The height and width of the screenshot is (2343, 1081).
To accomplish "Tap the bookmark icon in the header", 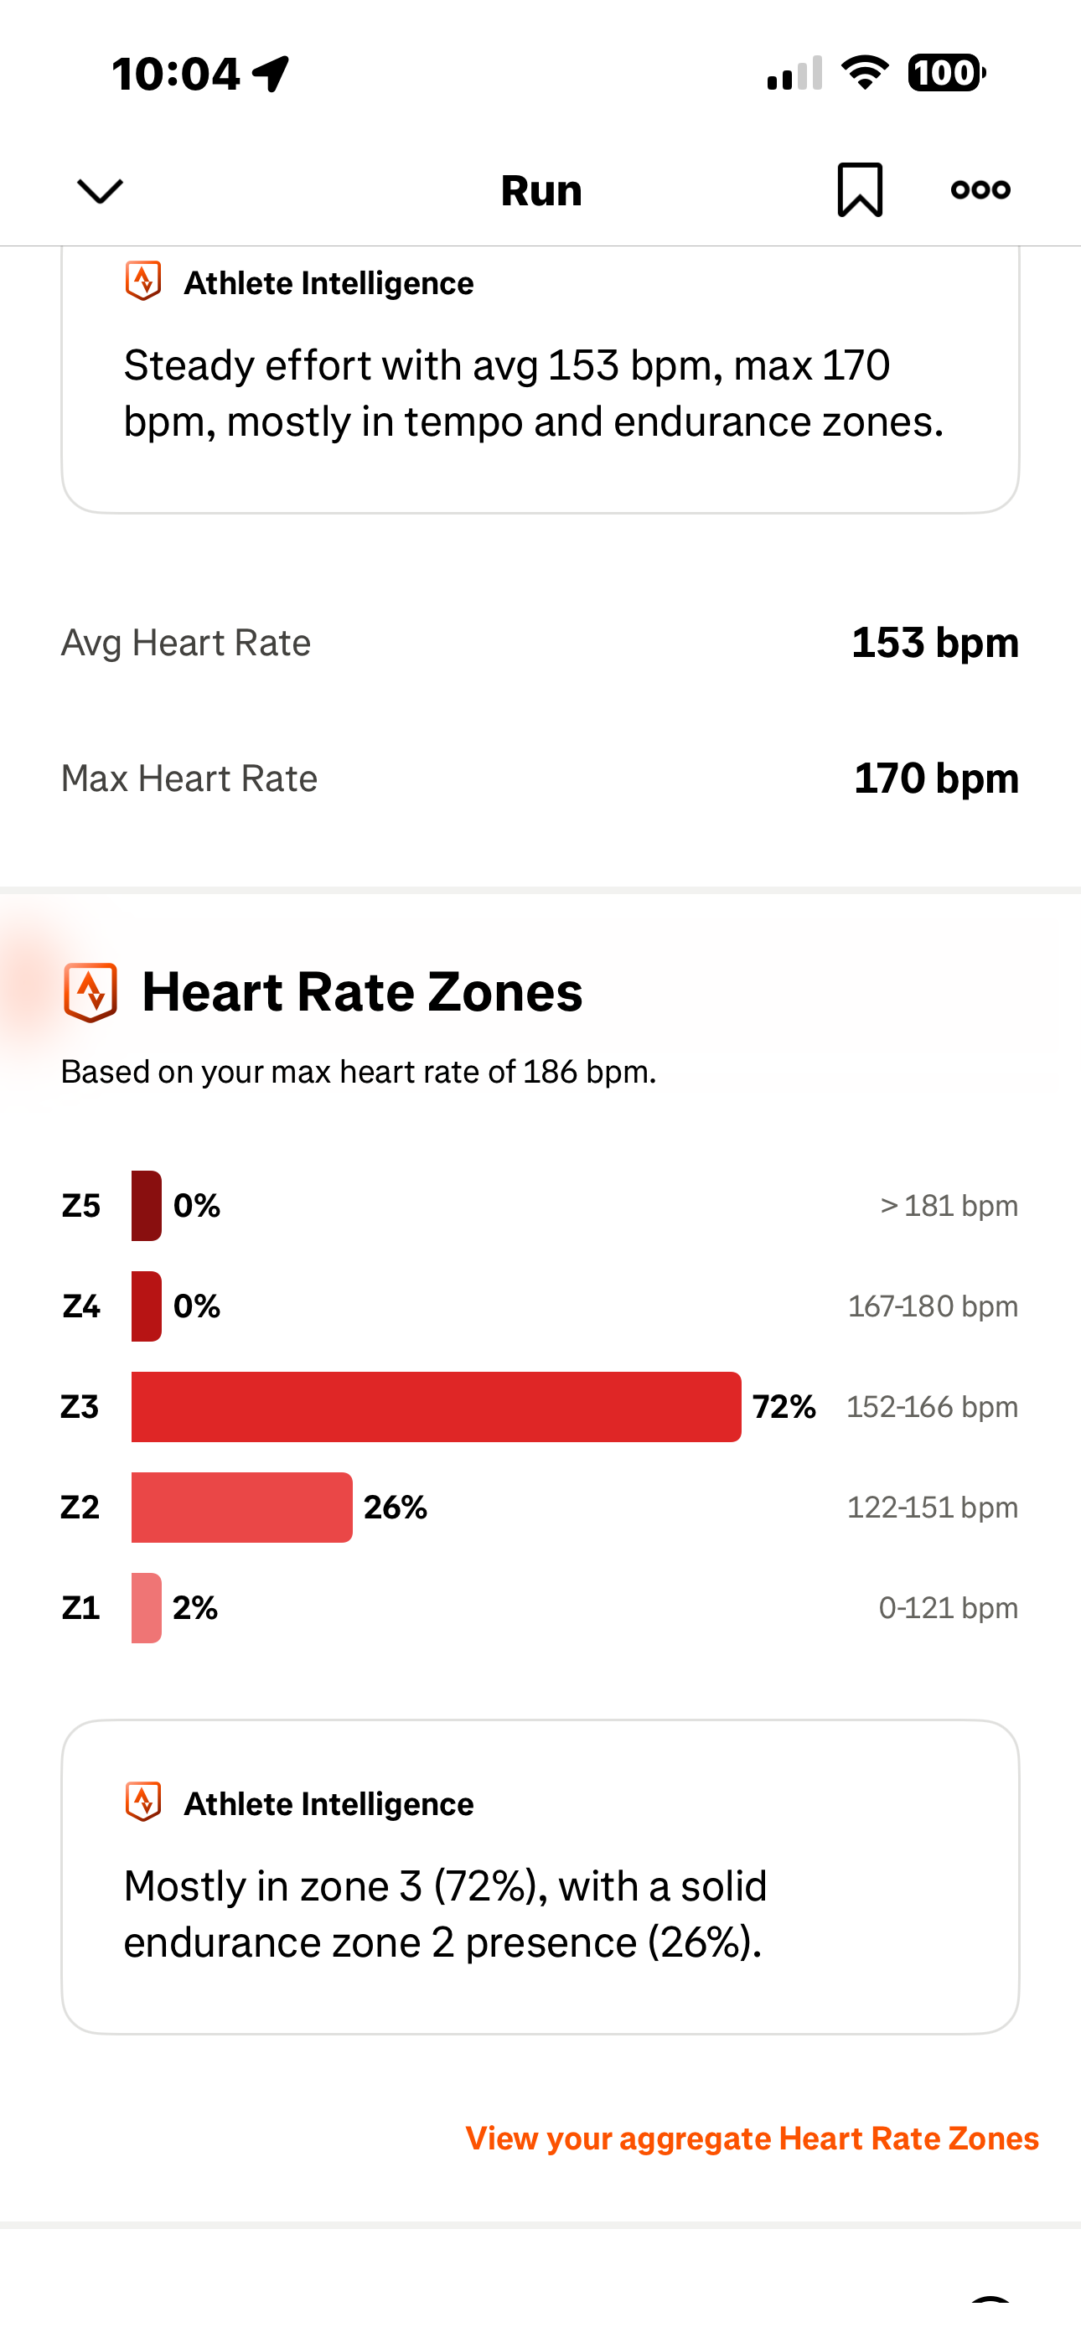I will click(x=859, y=190).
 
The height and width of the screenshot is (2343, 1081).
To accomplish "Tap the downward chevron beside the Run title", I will click(x=100, y=191).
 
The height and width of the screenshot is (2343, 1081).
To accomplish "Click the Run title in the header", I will click(x=540, y=191).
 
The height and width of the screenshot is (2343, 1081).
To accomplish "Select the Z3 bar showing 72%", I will click(x=436, y=1406).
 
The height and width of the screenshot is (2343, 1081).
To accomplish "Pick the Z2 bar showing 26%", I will click(x=241, y=1508).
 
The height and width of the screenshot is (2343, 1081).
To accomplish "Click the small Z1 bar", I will click(x=147, y=1607).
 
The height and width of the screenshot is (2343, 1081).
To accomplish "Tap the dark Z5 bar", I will click(x=147, y=1205).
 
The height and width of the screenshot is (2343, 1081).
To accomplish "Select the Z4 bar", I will click(x=147, y=1306).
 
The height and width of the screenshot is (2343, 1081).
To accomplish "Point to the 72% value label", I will click(x=784, y=1406).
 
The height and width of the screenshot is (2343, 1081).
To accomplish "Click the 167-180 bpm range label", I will click(x=932, y=1306).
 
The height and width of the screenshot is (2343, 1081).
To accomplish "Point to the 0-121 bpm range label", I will click(x=947, y=1607).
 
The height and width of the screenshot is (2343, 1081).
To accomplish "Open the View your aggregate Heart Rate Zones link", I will click(x=752, y=2138).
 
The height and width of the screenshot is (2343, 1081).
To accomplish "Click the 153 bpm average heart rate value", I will click(x=934, y=642).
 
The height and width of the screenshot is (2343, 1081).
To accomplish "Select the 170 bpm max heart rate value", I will click(x=935, y=778).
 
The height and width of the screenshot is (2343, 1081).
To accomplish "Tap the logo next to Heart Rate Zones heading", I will click(x=91, y=991).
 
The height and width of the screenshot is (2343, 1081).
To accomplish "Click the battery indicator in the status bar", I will click(x=945, y=73).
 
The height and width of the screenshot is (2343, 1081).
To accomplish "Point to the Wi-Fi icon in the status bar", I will click(x=865, y=73).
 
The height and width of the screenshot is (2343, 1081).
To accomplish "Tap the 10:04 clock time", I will click(x=176, y=74).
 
